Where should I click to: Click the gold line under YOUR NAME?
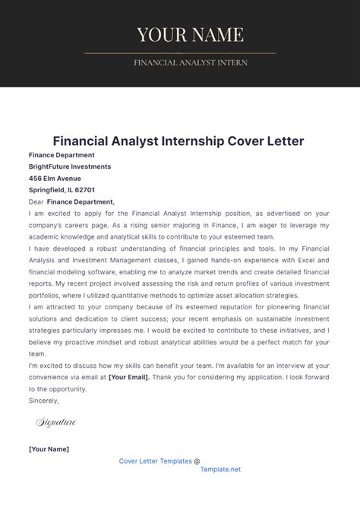(180, 53)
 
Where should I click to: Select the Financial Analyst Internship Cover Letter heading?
(179, 141)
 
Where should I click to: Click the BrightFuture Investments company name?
(70, 166)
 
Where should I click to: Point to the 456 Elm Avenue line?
(55, 178)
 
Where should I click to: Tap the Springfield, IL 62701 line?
(62, 190)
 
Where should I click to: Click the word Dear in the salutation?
(36, 202)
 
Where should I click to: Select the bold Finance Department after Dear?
(81, 202)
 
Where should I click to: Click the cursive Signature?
(55, 421)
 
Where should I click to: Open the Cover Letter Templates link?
(155, 460)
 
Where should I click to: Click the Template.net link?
(220, 470)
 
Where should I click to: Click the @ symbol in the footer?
(197, 460)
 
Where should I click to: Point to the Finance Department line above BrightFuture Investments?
(62, 154)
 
